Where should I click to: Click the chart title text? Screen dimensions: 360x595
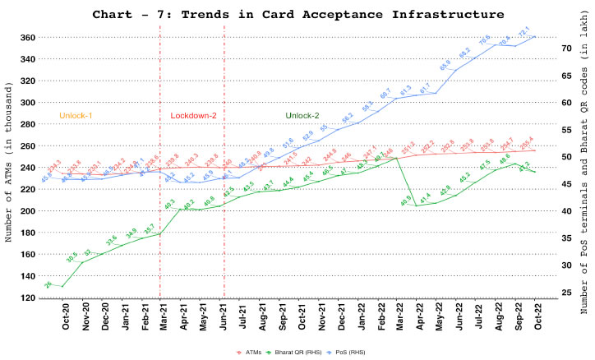297,14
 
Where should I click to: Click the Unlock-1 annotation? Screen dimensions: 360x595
76,116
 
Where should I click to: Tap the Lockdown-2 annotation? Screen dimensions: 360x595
193,116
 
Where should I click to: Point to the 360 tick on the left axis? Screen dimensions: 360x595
28,38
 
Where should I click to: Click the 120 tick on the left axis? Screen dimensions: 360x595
28,298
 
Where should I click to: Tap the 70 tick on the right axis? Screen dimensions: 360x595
566,48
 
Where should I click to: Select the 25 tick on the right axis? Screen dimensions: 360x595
566,292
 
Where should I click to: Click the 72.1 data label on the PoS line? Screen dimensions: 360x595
524,33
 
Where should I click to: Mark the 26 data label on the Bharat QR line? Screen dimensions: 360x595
48,284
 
